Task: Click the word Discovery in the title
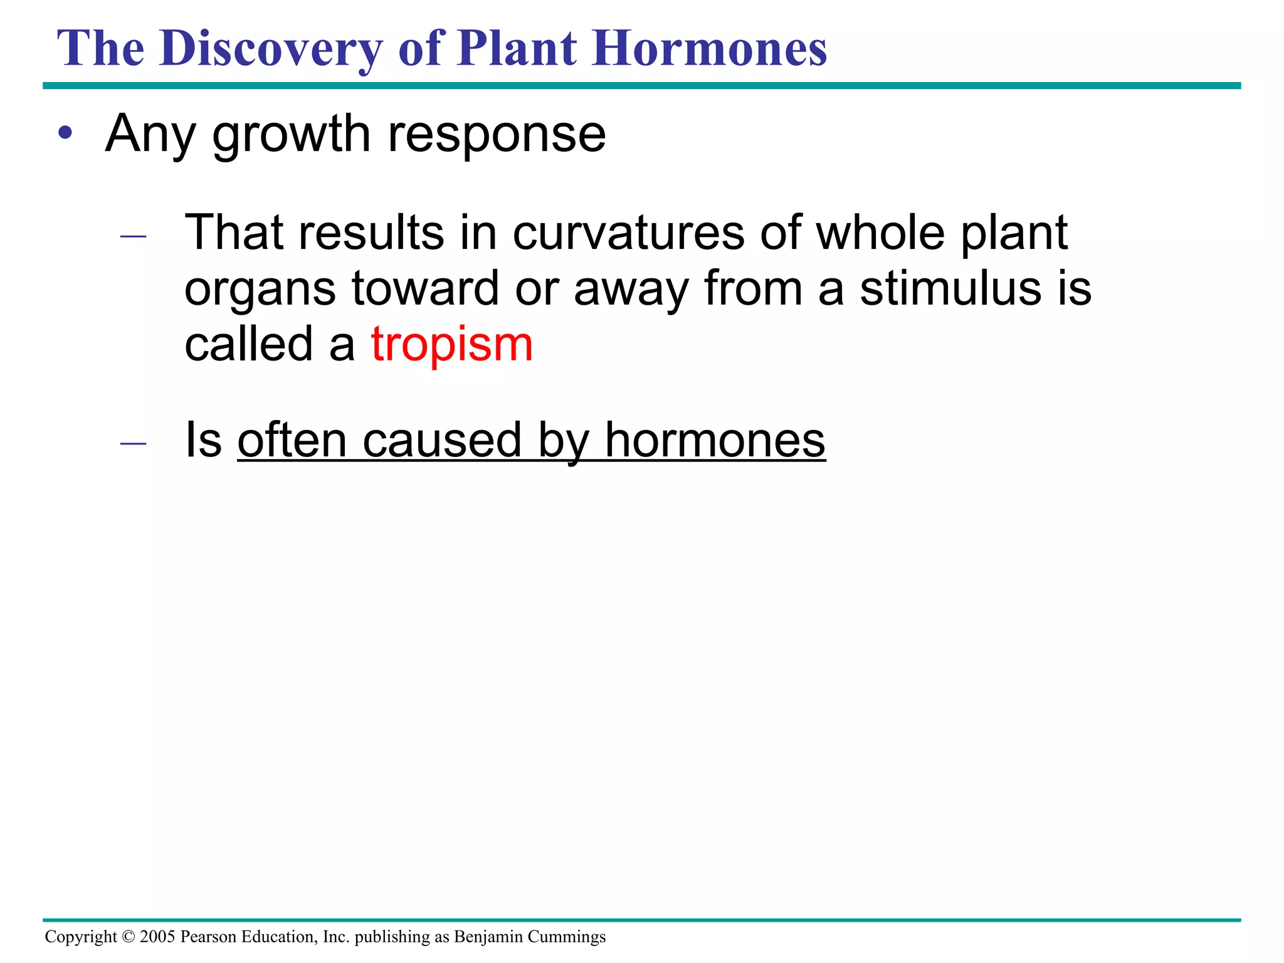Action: [270, 49]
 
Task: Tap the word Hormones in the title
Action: [710, 49]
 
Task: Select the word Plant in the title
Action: [517, 49]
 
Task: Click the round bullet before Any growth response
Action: [65, 133]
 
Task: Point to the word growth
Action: [292, 134]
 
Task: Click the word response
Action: [497, 135]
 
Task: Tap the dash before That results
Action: [133, 236]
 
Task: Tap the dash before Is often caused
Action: [133, 444]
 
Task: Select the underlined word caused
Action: [442, 440]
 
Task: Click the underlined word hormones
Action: [715, 440]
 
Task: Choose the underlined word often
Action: [292, 440]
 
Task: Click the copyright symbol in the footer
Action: [129, 937]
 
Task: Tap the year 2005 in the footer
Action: [157, 937]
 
